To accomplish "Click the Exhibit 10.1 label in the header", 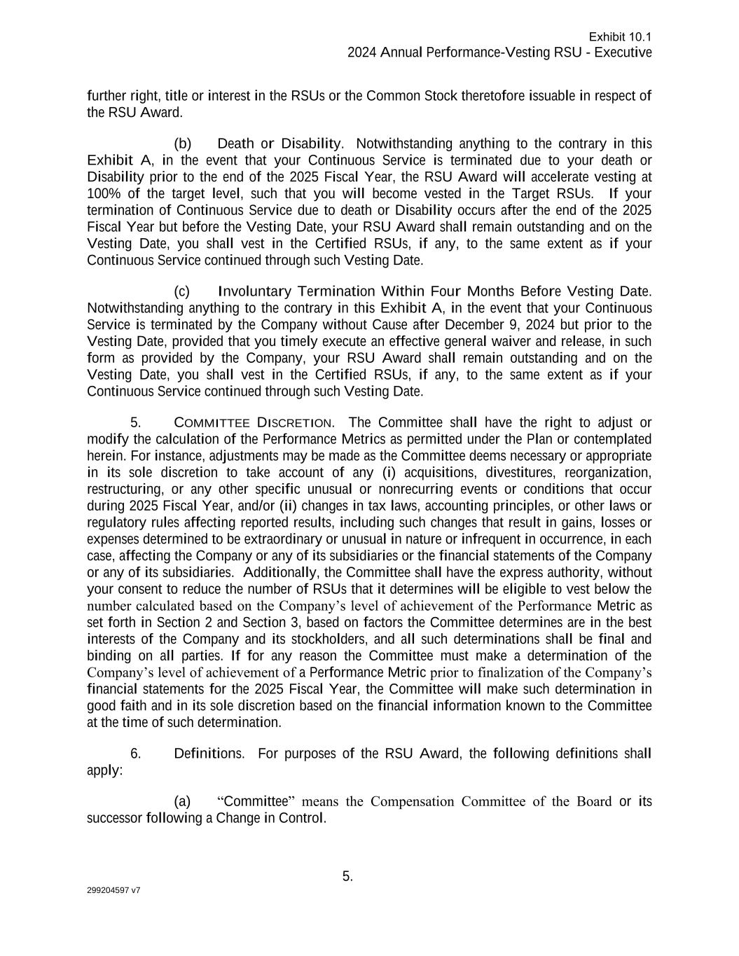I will pyautogui.click(x=620, y=37).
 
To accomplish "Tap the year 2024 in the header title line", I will pyautogui.click(x=362, y=53).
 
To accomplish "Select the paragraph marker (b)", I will pyautogui.click(x=182, y=144).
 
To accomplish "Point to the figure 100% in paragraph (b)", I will pyautogui.click(x=102, y=194).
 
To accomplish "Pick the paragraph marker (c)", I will pyautogui.click(x=182, y=291).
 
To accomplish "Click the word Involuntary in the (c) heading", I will pyautogui.click(x=254, y=291).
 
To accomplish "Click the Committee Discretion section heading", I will pyautogui.click(x=253, y=423).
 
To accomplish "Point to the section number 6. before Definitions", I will pyautogui.click(x=136, y=754).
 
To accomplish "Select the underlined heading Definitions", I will pyautogui.click(x=208, y=754).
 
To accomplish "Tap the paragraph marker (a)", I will pyautogui.click(x=182, y=801).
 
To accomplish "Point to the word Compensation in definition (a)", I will pyautogui.click(x=413, y=801).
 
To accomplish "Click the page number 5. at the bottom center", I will pyautogui.click(x=347, y=877).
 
